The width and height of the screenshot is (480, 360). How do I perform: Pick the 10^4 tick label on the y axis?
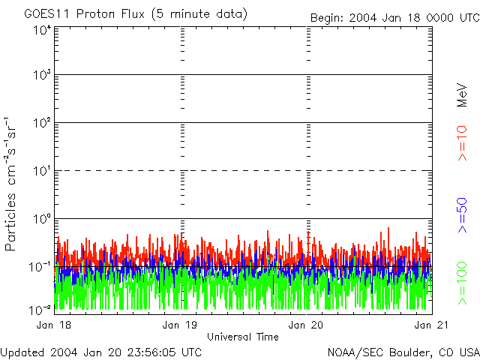pos(41,30)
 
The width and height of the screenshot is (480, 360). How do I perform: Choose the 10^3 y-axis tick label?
pos(41,76)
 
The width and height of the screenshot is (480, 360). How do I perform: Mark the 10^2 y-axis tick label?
pos(41,124)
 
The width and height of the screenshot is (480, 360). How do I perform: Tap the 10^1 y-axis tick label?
pos(41,172)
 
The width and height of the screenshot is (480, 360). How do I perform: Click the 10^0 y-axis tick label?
pos(41,220)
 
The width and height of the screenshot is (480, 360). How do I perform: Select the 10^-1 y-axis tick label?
pos(40,267)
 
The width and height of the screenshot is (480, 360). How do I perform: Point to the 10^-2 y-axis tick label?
pos(40,310)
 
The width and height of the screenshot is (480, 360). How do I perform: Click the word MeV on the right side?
pos(463,93)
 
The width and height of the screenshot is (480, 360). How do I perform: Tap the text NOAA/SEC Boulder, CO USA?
pos(403,352)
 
